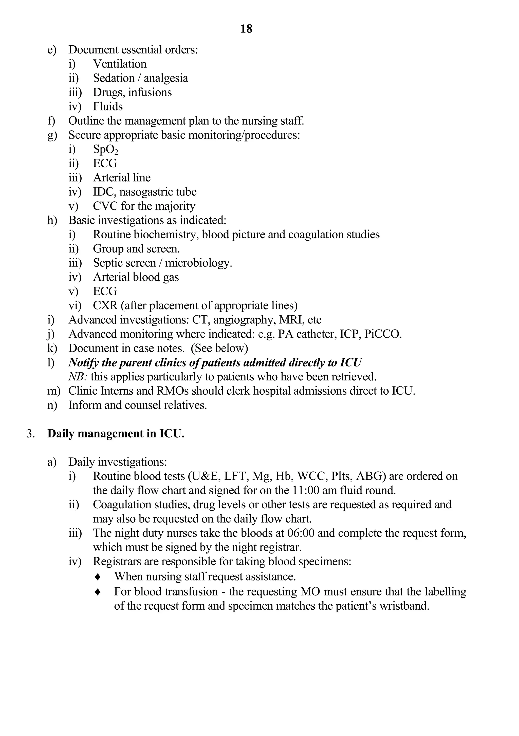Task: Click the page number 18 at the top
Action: [246, 29]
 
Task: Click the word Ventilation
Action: [120, 64]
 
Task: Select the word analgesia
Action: [165, 78]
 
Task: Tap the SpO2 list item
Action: [105, 149]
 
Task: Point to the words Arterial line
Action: [122, 178]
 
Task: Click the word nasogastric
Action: [146, 192]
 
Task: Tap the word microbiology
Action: [198, 263]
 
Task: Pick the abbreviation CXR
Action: [105, 305]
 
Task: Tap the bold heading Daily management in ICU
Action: [116, 433]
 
